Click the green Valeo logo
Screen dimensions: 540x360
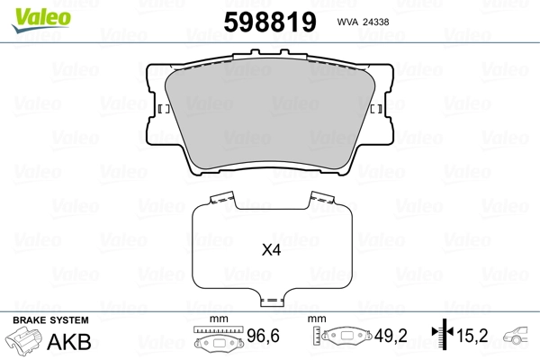coord(41,20)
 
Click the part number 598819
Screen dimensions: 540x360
coord(270,22)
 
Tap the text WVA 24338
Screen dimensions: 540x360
coord(363,22)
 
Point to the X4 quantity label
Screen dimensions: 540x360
coord(272,250)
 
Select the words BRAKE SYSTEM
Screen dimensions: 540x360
coord(50,320)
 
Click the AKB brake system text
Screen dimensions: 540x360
coord(69,342)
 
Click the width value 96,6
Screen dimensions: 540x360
coord(263,336)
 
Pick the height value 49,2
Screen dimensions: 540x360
coord(391,336)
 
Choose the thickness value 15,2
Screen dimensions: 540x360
coord(472,336)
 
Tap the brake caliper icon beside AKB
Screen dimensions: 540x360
coord(22,338)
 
